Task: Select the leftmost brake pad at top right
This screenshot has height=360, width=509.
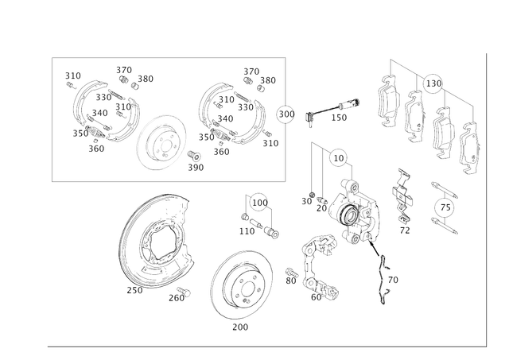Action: tap(387, 103)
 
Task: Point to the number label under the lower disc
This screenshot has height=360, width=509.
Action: tap(235, 327)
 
